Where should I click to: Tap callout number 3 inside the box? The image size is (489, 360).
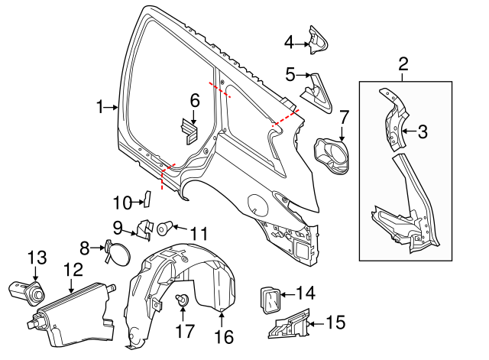[423, 131]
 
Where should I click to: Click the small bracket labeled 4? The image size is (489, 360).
[317, 39]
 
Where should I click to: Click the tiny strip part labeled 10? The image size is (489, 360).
[148, 200]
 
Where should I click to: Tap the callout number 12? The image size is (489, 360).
[73, 269]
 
